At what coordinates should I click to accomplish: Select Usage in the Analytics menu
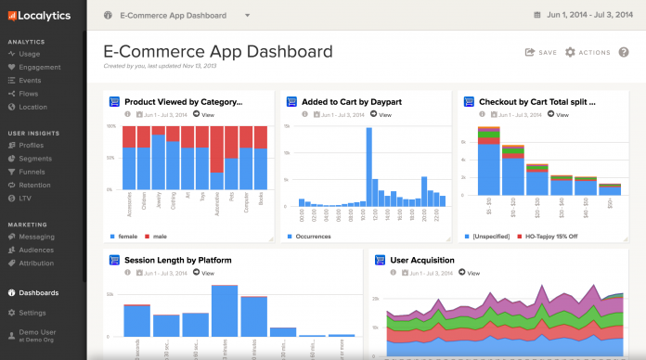click(x=30, y=54)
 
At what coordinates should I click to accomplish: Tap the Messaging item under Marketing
click(x=36, y=237)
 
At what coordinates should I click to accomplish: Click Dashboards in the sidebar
click(x=38, y=292)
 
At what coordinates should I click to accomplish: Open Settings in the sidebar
click(x=32, y=313)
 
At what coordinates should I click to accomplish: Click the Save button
click(x=541, y=53)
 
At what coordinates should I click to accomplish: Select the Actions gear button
click(x=588, y=53)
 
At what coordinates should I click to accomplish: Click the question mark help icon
click(x=624, y=53)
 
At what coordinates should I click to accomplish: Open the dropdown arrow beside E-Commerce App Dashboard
click(x=248, y=16)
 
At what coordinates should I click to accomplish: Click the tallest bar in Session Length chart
click(x=225, y=310)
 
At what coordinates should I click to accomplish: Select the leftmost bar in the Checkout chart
click(x=488, y=162)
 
